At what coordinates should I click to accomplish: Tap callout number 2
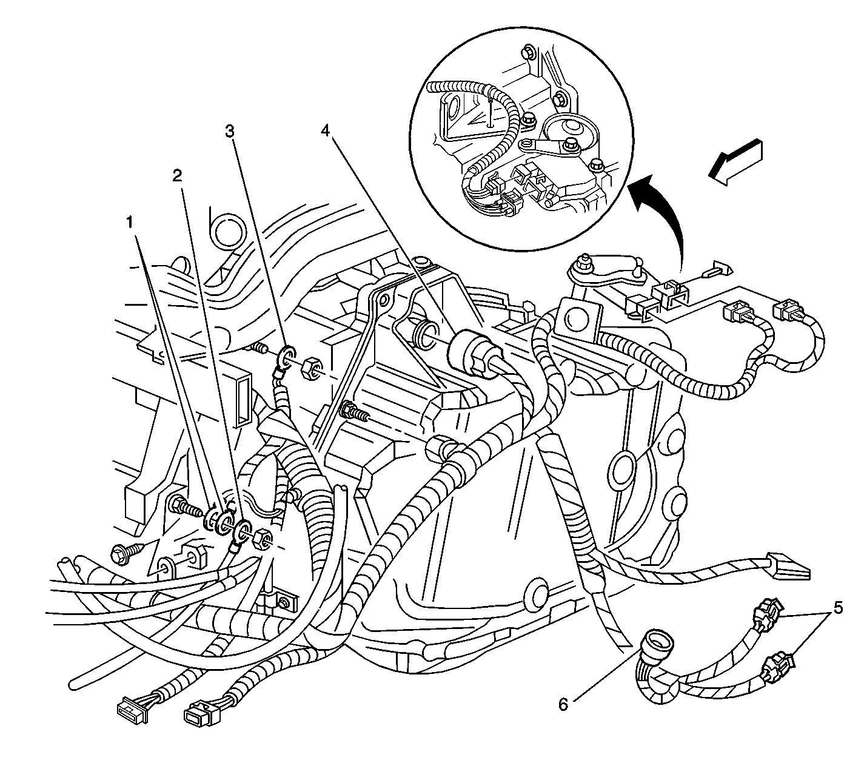pos(178,175)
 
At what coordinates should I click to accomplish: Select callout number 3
pos(229,132)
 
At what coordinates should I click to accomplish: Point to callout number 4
pos(325,132)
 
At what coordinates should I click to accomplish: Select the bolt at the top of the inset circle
pos(528,53)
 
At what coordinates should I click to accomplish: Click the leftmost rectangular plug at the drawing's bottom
pos(132,710)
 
